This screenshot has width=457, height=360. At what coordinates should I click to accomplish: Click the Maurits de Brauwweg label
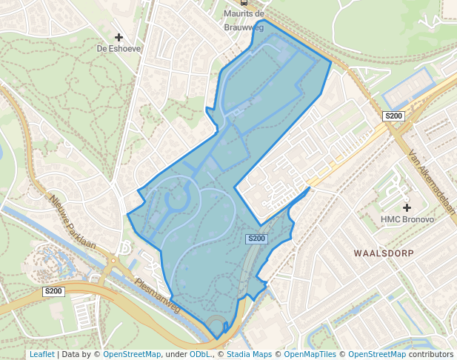(244, 20)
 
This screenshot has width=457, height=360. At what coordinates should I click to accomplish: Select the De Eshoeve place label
(119, 49)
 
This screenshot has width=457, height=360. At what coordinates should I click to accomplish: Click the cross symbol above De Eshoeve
(119, 36)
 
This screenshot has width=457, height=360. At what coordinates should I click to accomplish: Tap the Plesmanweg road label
(158, 295)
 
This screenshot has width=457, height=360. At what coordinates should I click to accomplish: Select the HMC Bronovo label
(407, 219)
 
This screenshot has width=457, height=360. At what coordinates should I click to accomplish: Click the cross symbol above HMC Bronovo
(406, 207)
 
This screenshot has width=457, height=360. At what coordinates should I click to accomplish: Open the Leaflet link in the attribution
(41, 354)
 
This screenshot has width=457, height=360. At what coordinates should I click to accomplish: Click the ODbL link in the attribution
(199, 354)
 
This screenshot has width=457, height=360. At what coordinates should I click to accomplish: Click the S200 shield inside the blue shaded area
(256, 239)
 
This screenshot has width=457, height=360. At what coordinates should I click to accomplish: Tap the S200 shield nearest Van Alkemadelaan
(393, 116)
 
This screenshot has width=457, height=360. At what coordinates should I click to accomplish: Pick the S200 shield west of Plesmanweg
(54, 292)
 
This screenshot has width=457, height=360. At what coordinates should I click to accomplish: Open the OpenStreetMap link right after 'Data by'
(131, 354)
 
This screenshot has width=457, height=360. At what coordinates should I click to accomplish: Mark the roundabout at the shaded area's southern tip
(216, 326)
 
